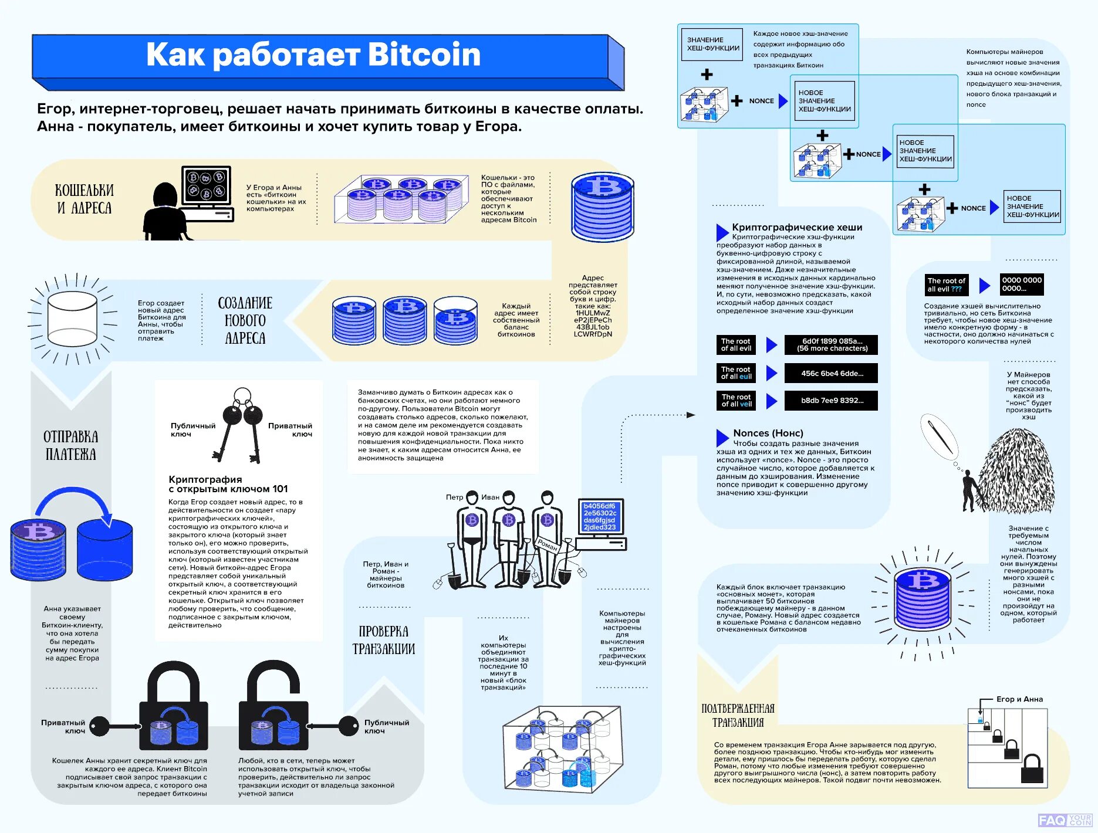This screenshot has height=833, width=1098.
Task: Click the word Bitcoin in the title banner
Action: point(424,55)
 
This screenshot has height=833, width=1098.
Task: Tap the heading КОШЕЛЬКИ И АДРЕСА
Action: point(84,199)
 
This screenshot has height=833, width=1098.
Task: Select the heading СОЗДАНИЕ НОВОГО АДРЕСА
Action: point(245,320)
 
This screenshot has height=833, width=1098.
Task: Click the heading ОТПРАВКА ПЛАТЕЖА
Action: point(70,445)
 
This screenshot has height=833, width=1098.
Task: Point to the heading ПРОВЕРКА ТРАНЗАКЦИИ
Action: point(383,640)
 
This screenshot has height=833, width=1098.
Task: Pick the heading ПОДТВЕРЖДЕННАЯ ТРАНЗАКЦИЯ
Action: point(738,715)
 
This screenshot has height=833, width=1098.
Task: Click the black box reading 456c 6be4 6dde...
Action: point(831,373)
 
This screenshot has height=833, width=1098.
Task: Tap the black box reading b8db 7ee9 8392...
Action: point(831,401)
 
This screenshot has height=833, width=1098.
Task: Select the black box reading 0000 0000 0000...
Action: point(1021,285)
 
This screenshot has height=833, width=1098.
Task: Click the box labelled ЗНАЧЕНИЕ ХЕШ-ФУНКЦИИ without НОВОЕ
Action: point(712,45)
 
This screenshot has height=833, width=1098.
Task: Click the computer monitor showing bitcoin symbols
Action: point(206,185)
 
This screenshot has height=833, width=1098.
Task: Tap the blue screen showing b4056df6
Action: point(600,516)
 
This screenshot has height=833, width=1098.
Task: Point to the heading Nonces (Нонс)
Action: point(768,433)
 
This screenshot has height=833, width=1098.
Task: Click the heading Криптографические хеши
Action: point(796,227)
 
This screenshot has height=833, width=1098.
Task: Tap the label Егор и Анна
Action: point(1019,699)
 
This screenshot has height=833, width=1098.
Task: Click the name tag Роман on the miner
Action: point(548,546)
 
